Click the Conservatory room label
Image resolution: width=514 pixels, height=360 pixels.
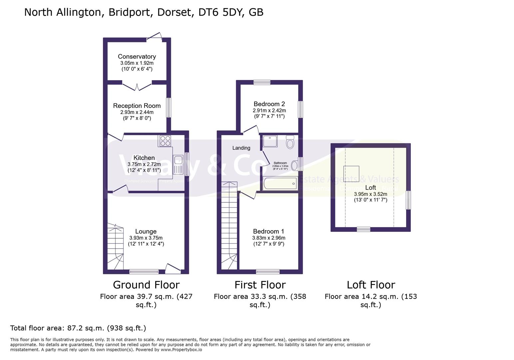coord(137,57)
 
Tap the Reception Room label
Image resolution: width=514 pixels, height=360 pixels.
coord(137,106)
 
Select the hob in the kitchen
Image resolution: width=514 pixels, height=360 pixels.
coord(165,141)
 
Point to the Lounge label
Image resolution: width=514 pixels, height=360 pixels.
coord(146,231)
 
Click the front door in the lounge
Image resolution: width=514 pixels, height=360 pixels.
coord(173,269)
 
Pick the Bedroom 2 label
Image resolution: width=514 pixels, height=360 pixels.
coord(269,104)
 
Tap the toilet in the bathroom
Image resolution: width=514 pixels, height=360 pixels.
coord(290,142)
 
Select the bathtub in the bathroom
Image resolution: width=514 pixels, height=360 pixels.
coord(279,184)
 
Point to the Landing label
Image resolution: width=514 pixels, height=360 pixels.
coord(241,148)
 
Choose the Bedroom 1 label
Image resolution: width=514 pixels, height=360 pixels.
coord(268,231)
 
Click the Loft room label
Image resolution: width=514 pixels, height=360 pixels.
coord(370,188)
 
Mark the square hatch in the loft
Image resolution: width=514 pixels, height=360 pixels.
coord(351,174)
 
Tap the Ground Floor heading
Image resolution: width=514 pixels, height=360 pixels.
coord(146,285)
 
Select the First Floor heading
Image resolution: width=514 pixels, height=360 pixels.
coord(260,285)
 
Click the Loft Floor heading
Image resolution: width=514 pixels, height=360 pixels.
coord(371,285)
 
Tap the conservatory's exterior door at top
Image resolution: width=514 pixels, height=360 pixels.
coord(154,37)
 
